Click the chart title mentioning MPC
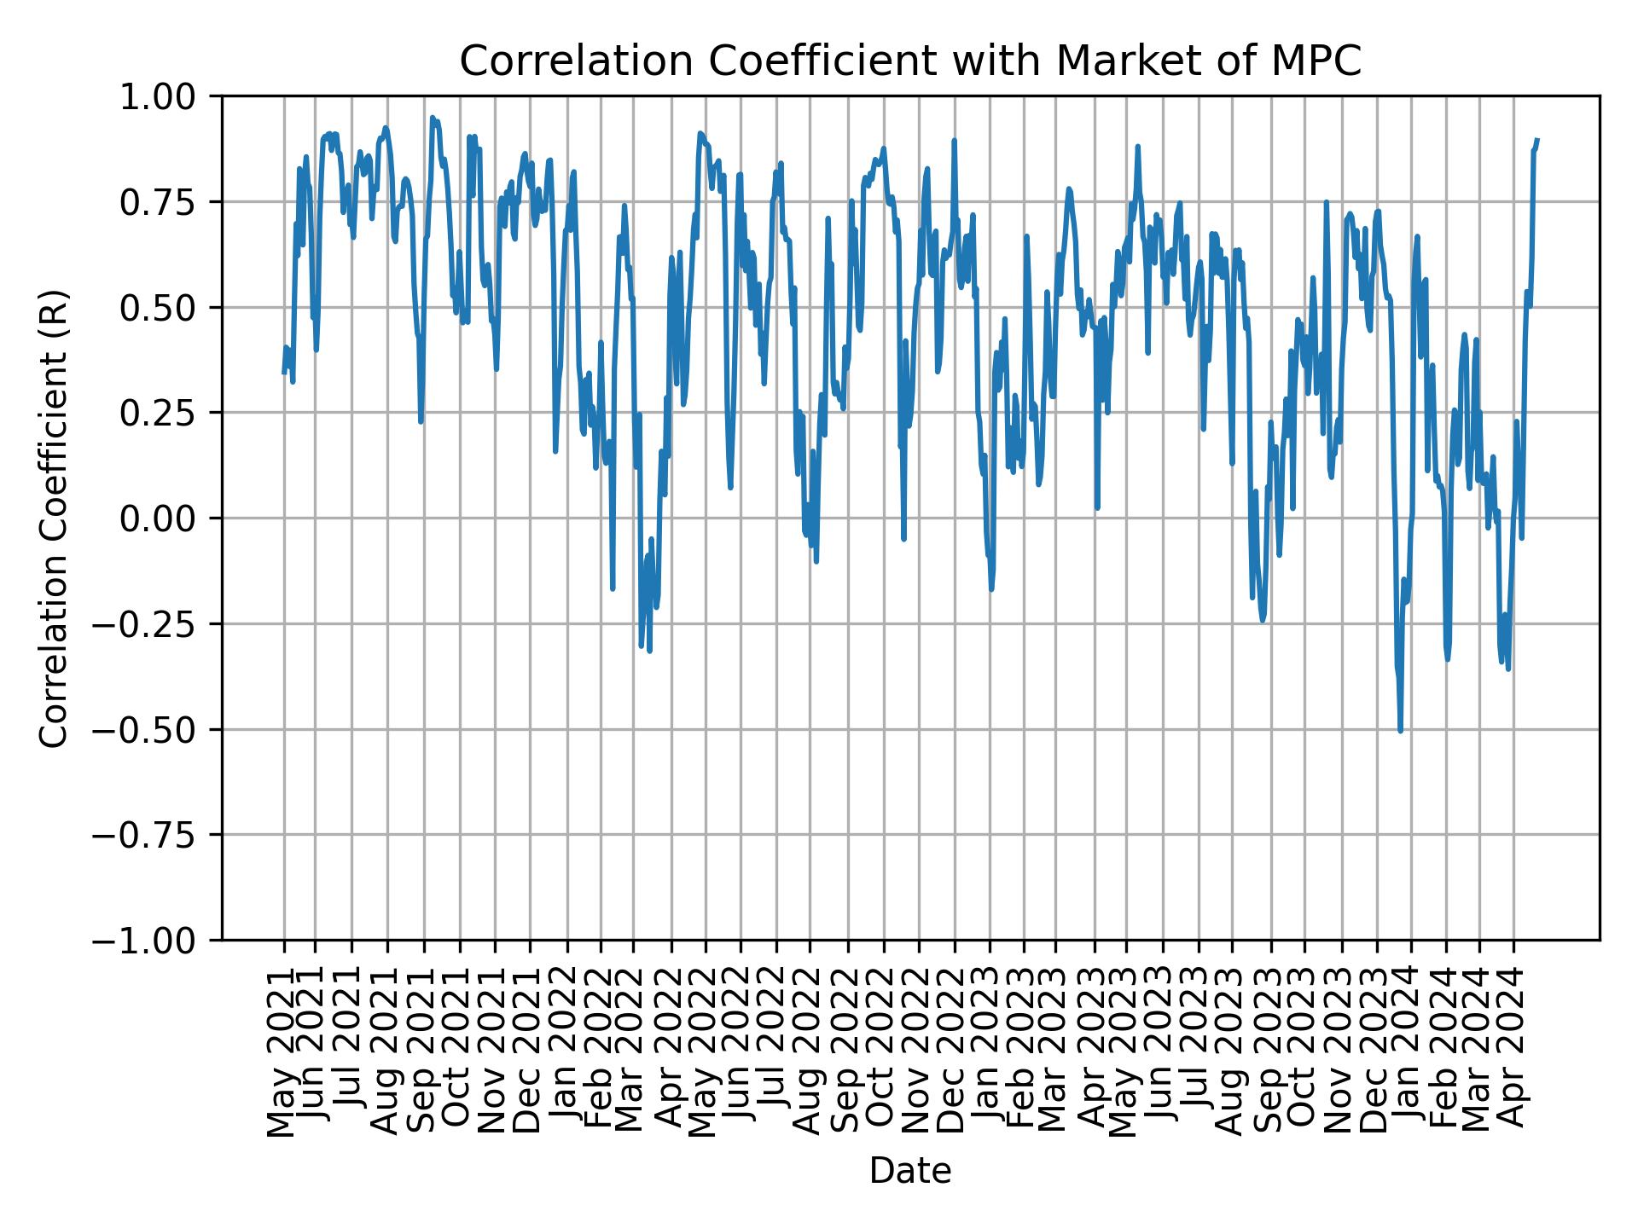click(909, 61)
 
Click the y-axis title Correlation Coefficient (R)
click(54, 518)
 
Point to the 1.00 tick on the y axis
click(169, 96)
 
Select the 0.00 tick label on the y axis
click(169, 518)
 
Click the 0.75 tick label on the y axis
click(169, 202)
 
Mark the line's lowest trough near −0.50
click(1400, 730)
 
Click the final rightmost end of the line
click(1537, 139)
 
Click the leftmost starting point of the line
click(284, 373)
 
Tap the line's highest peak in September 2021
click(433, 118)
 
